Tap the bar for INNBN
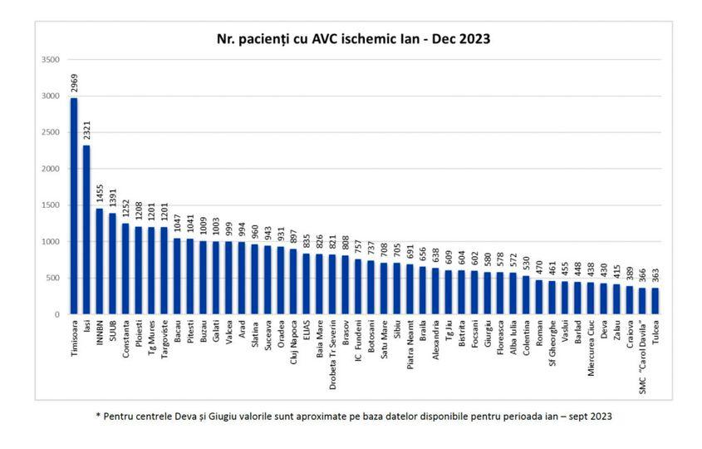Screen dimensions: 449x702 tap(100, 261)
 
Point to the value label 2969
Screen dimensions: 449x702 tap(74, 84)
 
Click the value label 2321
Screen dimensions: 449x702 tap(86, 131)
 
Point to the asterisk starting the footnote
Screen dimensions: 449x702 tap(97, 415)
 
